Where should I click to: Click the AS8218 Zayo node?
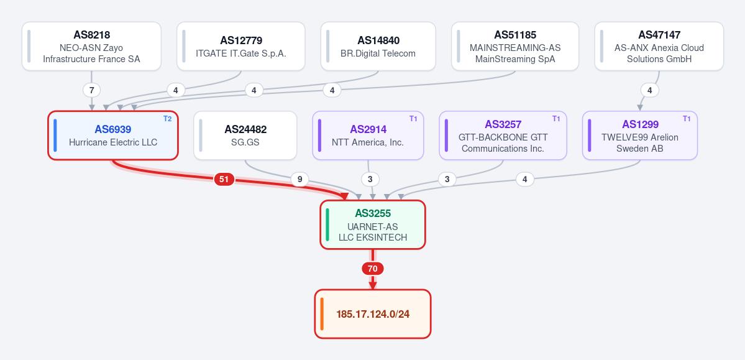92,46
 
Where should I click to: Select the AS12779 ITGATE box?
241,46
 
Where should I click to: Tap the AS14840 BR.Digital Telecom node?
378,46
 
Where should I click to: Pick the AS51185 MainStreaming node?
515,46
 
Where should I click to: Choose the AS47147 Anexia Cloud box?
659,46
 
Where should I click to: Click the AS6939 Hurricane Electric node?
113,136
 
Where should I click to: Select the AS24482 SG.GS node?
245,136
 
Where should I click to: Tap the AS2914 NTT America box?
368,136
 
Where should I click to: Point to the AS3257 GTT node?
503,136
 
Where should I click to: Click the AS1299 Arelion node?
640,136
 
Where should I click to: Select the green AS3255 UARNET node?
373,224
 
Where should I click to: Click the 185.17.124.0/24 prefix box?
373,314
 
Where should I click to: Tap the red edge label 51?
224,179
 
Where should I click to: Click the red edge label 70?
373,269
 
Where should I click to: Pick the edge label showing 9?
299,179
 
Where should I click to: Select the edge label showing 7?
92,90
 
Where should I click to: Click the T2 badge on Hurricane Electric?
167,118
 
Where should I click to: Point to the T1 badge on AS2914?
413,118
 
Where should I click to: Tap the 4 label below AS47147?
649,90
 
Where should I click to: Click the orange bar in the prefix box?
322,314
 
